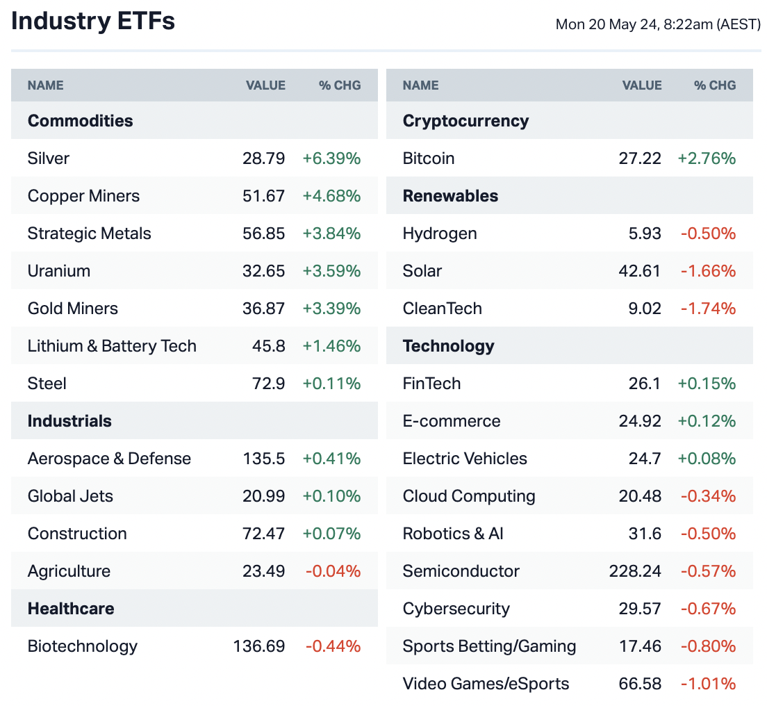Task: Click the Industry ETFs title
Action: [x=93, y=22]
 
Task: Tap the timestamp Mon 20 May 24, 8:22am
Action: [x=658, y=24]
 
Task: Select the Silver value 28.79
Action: [x=264, y=158]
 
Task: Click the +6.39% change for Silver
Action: [x=331, y=158]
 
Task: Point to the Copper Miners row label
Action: [x=83, y=196]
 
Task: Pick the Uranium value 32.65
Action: [x=264, y=271]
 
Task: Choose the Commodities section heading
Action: [x=80, y=121]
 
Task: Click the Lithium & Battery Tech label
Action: [x=112, y=346]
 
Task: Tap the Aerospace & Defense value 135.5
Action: [x=264, y=459]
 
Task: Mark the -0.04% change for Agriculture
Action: [x=333, y=571]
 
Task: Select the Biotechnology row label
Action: [x=83, y=646]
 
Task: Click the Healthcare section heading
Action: [x=70, y=609]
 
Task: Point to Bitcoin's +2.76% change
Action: [x=707, y=158]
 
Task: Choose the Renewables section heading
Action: [x=450, y=196]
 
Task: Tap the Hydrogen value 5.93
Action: [x=645, y=233]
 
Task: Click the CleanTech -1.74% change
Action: [x=708, y=309]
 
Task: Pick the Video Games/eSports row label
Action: [x=486, y=684]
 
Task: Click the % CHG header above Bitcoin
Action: [x=714, y=85]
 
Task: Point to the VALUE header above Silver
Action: [x=265, y=85]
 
